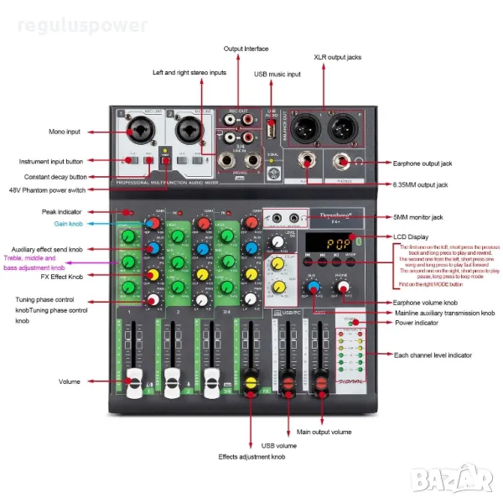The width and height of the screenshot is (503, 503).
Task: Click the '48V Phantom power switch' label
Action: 52,190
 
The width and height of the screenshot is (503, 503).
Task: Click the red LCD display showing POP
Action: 325,244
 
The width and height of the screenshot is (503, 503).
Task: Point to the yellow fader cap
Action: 249,385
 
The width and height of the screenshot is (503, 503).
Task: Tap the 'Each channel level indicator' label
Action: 436,356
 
